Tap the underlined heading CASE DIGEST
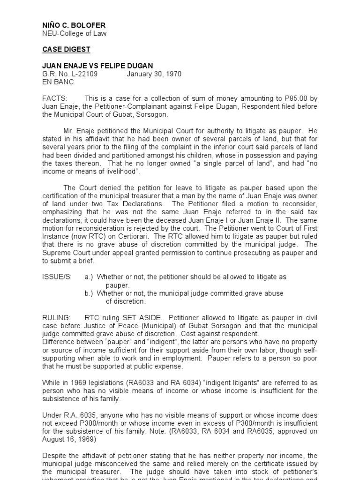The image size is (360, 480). click(66, 49)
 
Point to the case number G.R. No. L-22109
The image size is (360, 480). click(71, 74)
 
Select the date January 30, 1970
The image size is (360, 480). click(154, 74)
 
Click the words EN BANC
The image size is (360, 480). click(58, 82)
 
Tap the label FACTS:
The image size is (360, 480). click(55, 98)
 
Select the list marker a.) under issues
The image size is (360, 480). click(89, 277)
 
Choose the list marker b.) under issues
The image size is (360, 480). click(89, 293)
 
